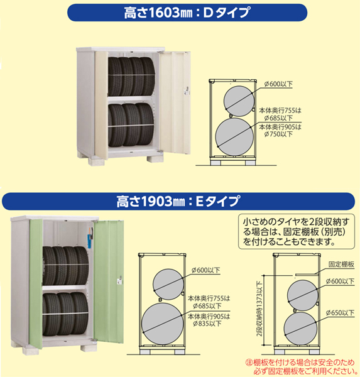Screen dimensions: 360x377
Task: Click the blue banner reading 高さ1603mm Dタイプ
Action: pos(187,13)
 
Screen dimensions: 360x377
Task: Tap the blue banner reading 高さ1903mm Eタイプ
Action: pos(178,201)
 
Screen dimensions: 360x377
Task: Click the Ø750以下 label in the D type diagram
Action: pos(278,134)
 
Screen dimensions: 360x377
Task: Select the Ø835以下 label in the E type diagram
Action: pos(207,324)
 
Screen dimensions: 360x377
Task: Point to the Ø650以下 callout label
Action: pos(340,312)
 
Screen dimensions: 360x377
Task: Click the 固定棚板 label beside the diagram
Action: pos(341,265)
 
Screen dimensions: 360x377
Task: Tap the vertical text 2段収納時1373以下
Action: pos(259,309)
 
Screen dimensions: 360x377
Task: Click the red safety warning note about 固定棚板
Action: pos(300,366)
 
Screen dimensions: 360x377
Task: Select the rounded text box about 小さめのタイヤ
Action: pos(297,231)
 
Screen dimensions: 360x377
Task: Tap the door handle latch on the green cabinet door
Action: pos(119,280)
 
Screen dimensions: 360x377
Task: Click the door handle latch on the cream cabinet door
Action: pos(187,90)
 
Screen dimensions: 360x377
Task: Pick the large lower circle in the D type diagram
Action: pos(234,136)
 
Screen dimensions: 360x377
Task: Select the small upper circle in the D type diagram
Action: pos(239,101)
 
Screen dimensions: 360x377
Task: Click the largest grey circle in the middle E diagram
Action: pos(163,324)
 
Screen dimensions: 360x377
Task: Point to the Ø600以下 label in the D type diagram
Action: pos(278,84)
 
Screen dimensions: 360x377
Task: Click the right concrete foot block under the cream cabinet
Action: pos(155,159)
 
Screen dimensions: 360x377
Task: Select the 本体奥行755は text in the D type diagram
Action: pos(280,111)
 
